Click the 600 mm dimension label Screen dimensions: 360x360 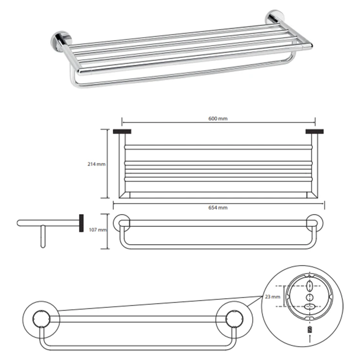click(217, 119)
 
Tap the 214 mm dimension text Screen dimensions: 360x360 click(96, 164)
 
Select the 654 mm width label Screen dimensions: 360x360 click(217, 208)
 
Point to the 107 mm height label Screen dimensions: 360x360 click(98, 230)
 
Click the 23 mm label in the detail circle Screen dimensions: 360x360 click(272, 297)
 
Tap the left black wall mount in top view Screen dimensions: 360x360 click(122, 131)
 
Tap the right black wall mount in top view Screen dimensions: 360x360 click(315, 131)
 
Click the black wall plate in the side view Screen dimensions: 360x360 click(81, 223)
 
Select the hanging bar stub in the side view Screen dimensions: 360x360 click(43, 236)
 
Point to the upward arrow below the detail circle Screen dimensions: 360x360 click(310, 339)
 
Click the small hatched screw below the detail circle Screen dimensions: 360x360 click(310, 329)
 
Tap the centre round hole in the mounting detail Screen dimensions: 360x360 click(309, 297)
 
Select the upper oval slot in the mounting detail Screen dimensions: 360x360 click(310, 286)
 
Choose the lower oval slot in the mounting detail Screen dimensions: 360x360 click(310, 306)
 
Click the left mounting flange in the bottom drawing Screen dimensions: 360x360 click(41, 320)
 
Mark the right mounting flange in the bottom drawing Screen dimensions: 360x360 click(234, 320)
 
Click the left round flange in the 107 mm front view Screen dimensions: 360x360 click(122, 223)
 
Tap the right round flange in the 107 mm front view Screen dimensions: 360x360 click(315, 223)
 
